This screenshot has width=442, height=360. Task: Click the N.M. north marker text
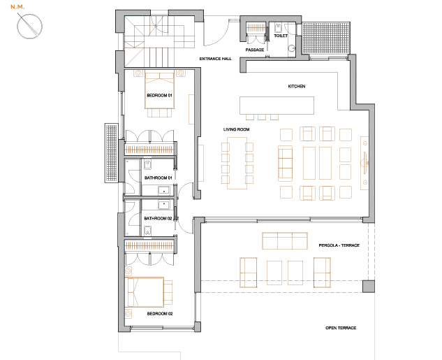click(17, 7)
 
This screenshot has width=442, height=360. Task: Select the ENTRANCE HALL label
click(215, 59)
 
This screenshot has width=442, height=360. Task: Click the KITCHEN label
click(297, 87)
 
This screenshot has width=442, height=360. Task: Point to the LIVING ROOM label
click(236, 129)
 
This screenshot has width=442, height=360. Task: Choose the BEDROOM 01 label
click(159, 95)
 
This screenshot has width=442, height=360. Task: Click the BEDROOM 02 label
click(160, 313)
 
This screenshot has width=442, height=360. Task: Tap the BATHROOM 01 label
click(158, 178)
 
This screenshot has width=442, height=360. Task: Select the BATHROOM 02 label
click(158, 218)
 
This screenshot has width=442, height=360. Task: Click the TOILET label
click(281, 36)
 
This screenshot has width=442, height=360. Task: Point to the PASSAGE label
click(255, 50)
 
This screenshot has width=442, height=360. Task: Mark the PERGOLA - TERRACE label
click(339, 245)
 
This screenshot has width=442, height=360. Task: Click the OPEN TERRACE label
click(341, 328)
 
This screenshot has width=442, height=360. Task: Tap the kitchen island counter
click(277, 106)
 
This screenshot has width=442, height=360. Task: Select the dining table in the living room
click(237, 163)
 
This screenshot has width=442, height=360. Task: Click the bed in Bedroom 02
click(145, 292)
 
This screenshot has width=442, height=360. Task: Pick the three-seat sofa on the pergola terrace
click(285, 241)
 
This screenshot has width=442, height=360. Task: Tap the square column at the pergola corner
click(369, 287)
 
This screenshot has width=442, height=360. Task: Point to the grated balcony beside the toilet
click(326, 38)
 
